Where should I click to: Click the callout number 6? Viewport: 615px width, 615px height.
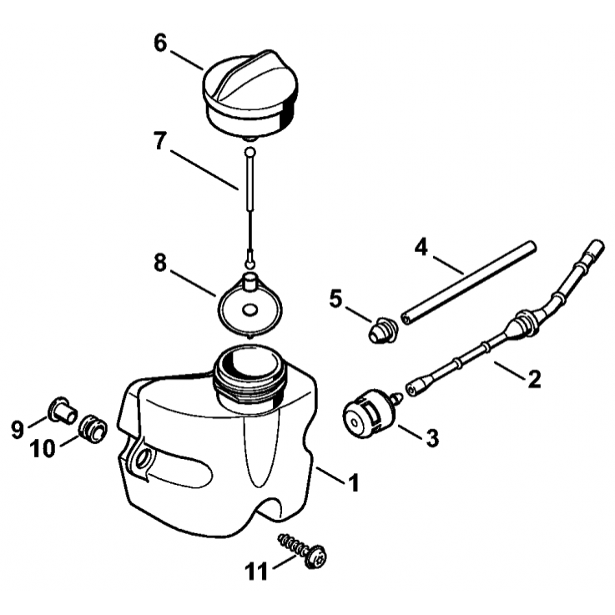[160, 43]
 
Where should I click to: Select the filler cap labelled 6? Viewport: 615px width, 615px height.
[250, 94]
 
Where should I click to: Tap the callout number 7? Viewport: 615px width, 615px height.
[159, 141]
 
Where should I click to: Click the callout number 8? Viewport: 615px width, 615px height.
[160, 263]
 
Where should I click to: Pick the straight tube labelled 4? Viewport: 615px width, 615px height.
[468, 283]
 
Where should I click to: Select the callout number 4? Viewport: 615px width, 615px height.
[421, 248]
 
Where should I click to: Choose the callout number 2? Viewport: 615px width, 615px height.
[534, 379]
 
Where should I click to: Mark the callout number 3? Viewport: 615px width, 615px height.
[432, 438]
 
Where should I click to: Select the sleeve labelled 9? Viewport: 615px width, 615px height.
[63, 411]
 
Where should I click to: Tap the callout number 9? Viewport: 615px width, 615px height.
[18, 429]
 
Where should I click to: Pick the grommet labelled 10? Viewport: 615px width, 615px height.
[93, 429]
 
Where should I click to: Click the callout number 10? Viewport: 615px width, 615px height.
[43, 448]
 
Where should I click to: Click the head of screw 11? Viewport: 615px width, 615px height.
[315, 557]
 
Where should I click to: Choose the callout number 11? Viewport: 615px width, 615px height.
[256, 571]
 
